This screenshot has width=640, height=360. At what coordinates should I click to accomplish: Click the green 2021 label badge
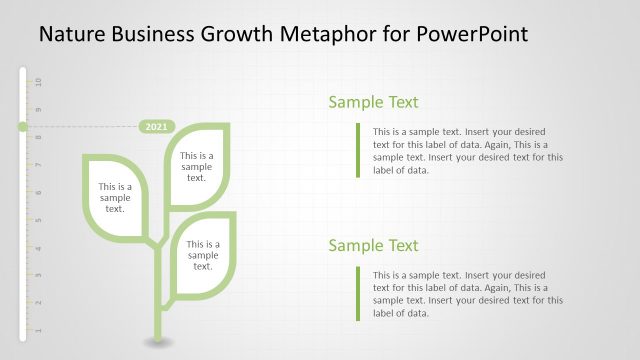coord(156,127)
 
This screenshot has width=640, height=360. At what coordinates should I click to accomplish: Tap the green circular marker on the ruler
coord(22,127)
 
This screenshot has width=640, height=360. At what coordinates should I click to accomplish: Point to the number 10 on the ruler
coord(39,81)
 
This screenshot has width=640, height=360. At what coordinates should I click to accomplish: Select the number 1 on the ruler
coord(39,329)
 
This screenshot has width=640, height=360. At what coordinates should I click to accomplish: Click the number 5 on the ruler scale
coord(39,219)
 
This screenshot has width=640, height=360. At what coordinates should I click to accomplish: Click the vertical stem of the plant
coord(156,295)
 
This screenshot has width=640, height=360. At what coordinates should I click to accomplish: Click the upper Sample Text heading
coord(373,102)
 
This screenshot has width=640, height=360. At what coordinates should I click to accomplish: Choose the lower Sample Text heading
coord(373,246)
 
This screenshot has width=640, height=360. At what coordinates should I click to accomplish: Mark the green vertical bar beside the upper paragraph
coord(357,150)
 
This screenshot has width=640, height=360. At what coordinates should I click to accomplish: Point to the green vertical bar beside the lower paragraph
coord(357,293)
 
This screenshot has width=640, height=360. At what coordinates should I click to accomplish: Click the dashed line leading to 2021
coord(80,127)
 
